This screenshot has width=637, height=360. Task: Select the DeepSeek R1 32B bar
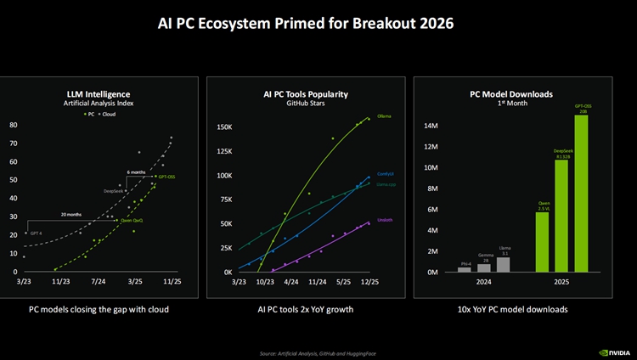pyautogui.click(x=561, y=216)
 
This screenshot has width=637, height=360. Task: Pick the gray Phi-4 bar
pyautogui.click(x=464, y=269)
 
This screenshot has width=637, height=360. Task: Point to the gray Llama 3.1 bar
pyautogui.click(x=504, y=264)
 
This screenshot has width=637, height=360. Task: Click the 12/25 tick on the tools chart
pyautogui.click(x=369, y=281)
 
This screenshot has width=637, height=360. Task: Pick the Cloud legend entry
pyautogui.click(x=110, y=112)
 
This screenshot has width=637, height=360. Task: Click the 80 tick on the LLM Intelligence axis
pyautogui.click(x=14, y=125)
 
